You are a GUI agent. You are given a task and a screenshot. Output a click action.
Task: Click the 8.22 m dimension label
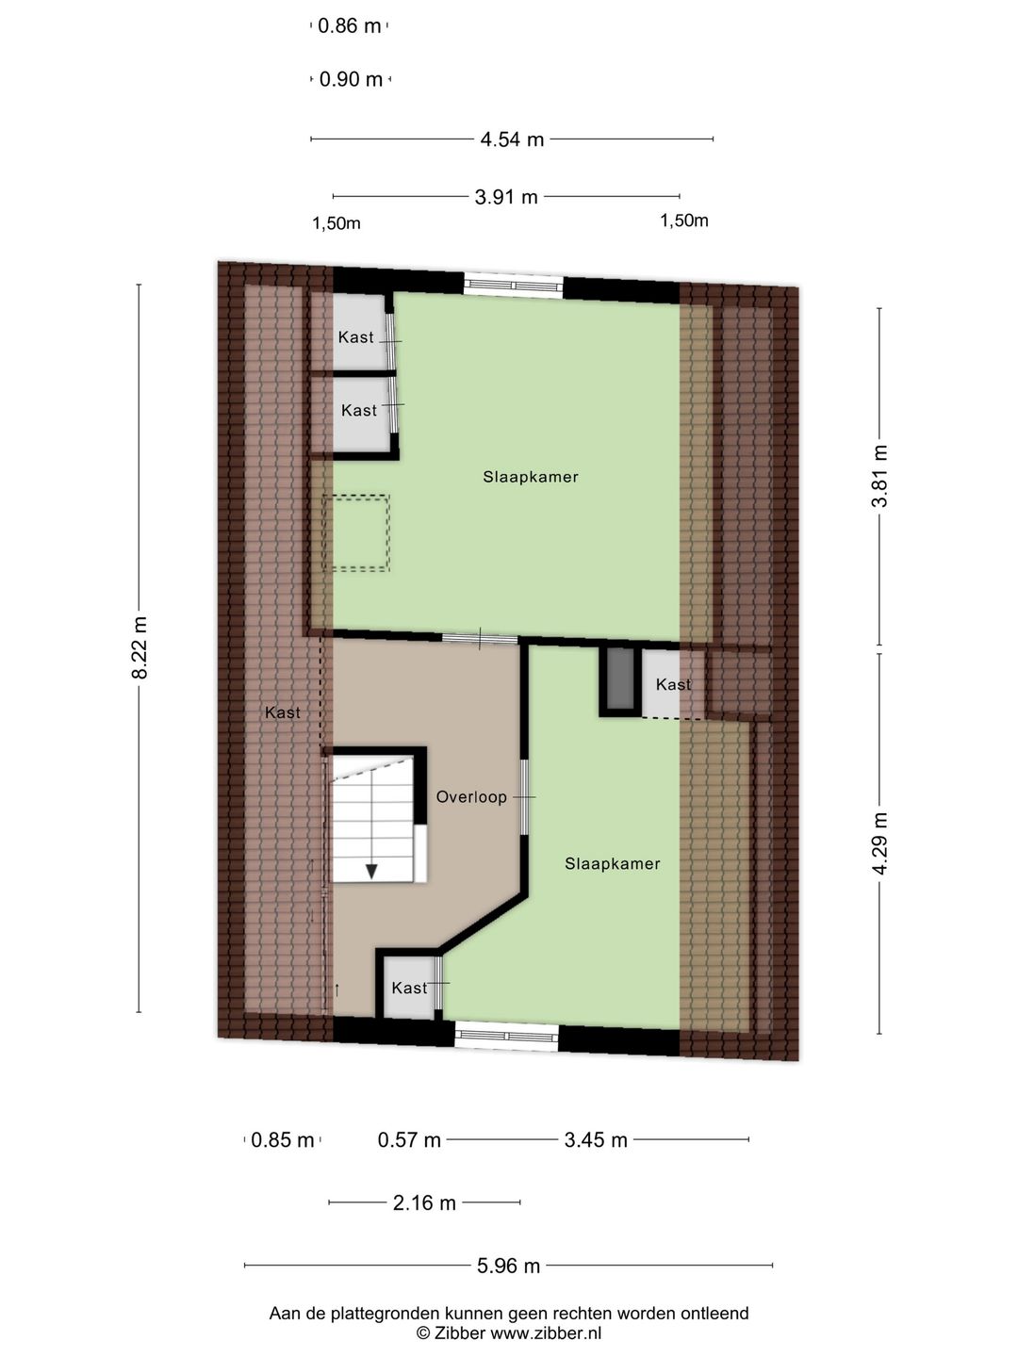click(x=140, y=647)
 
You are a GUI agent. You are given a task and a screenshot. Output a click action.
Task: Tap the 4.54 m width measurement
click(x=512, y=139)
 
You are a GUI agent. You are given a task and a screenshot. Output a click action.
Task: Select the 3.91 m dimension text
click(x=506, y=197)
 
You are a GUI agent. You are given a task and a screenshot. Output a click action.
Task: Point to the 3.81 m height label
click(x=879, y=476)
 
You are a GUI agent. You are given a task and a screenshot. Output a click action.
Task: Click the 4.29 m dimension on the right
click(x=879, y=842)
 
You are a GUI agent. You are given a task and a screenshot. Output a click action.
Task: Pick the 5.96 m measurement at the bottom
click(x=508, y=1266)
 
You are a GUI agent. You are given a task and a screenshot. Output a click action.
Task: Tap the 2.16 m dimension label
click(x=424, y=1202)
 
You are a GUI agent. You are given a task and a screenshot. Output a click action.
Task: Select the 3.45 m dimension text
click(x=596, y=1140)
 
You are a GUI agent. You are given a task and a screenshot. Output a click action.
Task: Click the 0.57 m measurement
click(x=409, y=1140)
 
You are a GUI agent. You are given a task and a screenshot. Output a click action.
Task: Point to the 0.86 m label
click(x=350, y=26)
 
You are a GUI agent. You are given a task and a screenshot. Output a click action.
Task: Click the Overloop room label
click(x=471, y=797)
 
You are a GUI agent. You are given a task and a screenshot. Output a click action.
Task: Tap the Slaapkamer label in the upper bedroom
click(x=531, y=477)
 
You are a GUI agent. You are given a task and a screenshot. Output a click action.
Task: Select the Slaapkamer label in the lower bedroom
click(x=613, y=863)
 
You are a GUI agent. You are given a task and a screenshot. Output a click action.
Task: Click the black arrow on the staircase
click(x=371, y=871)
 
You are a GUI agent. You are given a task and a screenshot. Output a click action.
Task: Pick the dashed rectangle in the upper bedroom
click(x=355, y=532)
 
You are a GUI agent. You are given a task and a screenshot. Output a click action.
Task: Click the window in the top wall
click(x=514, y=285)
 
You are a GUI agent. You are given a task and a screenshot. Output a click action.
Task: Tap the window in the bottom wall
click(x=506, y=1037)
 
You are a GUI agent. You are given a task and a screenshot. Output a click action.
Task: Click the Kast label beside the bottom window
click(x=409, y=988)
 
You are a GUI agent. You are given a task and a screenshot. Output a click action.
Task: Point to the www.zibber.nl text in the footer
click(x=546, y=1333)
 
